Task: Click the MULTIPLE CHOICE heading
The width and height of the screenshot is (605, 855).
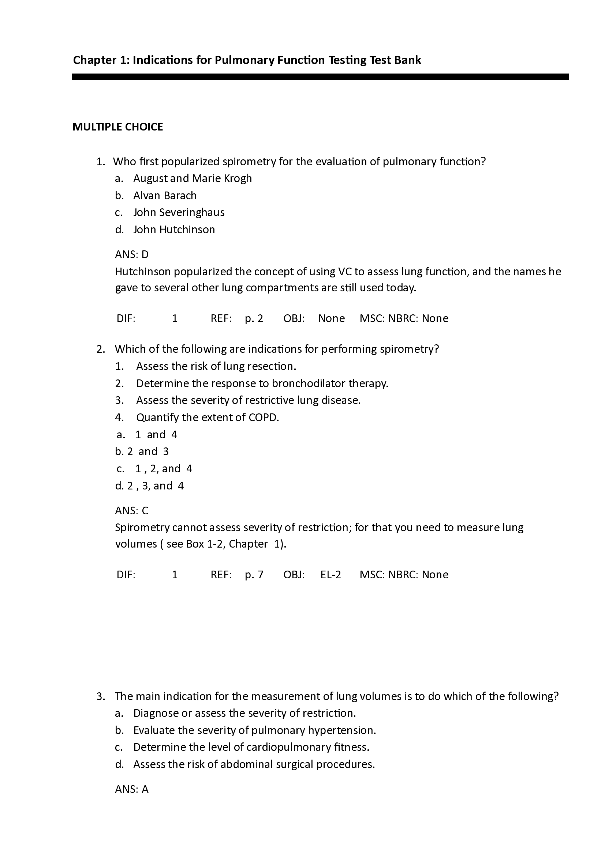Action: click(x=117, y=127)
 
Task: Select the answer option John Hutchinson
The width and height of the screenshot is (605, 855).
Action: click(x=174, y=230)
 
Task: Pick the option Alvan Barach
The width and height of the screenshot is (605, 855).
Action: click(x=165, y=196)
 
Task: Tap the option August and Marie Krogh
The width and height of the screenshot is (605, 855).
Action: click(x=193, y=178)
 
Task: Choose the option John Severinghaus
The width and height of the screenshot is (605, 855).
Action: click(x=179, y=212)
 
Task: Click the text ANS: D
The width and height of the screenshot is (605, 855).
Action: click(x=132, y=255)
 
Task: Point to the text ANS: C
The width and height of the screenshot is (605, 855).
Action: click(x=132, y=511)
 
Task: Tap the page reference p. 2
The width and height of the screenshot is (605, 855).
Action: click(x=254, y=318)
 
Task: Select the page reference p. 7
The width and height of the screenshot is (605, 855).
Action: click(x=254, y=575)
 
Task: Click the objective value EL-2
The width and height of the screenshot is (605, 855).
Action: click(x=330, y=575)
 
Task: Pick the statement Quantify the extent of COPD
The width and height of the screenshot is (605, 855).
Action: click(x=207, y=417)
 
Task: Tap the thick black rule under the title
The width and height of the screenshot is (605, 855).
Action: click(x=320, y=77)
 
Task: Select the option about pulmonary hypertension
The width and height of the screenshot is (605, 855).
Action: click(x=255, y=730)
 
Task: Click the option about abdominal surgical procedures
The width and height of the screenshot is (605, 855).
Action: click(x=254, y=764)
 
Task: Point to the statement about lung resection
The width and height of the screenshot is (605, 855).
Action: click(x=216, y=366)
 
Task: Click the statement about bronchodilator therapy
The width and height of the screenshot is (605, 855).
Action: click(x=262, y=383)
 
